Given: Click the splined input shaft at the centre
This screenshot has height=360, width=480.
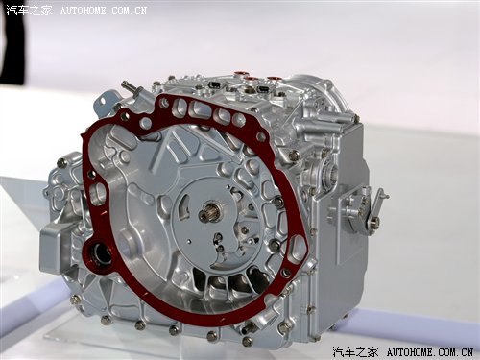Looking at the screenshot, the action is (209, 212).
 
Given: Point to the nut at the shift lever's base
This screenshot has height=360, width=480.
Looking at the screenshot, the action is (374, 220).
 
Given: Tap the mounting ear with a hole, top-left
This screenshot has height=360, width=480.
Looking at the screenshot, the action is (104, 103).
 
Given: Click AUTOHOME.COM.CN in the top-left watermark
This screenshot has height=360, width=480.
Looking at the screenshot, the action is (104, 11).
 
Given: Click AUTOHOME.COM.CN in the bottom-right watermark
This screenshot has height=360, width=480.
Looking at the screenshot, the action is (430, 352).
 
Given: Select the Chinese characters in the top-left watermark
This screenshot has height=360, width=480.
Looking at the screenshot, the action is (29, 11).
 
